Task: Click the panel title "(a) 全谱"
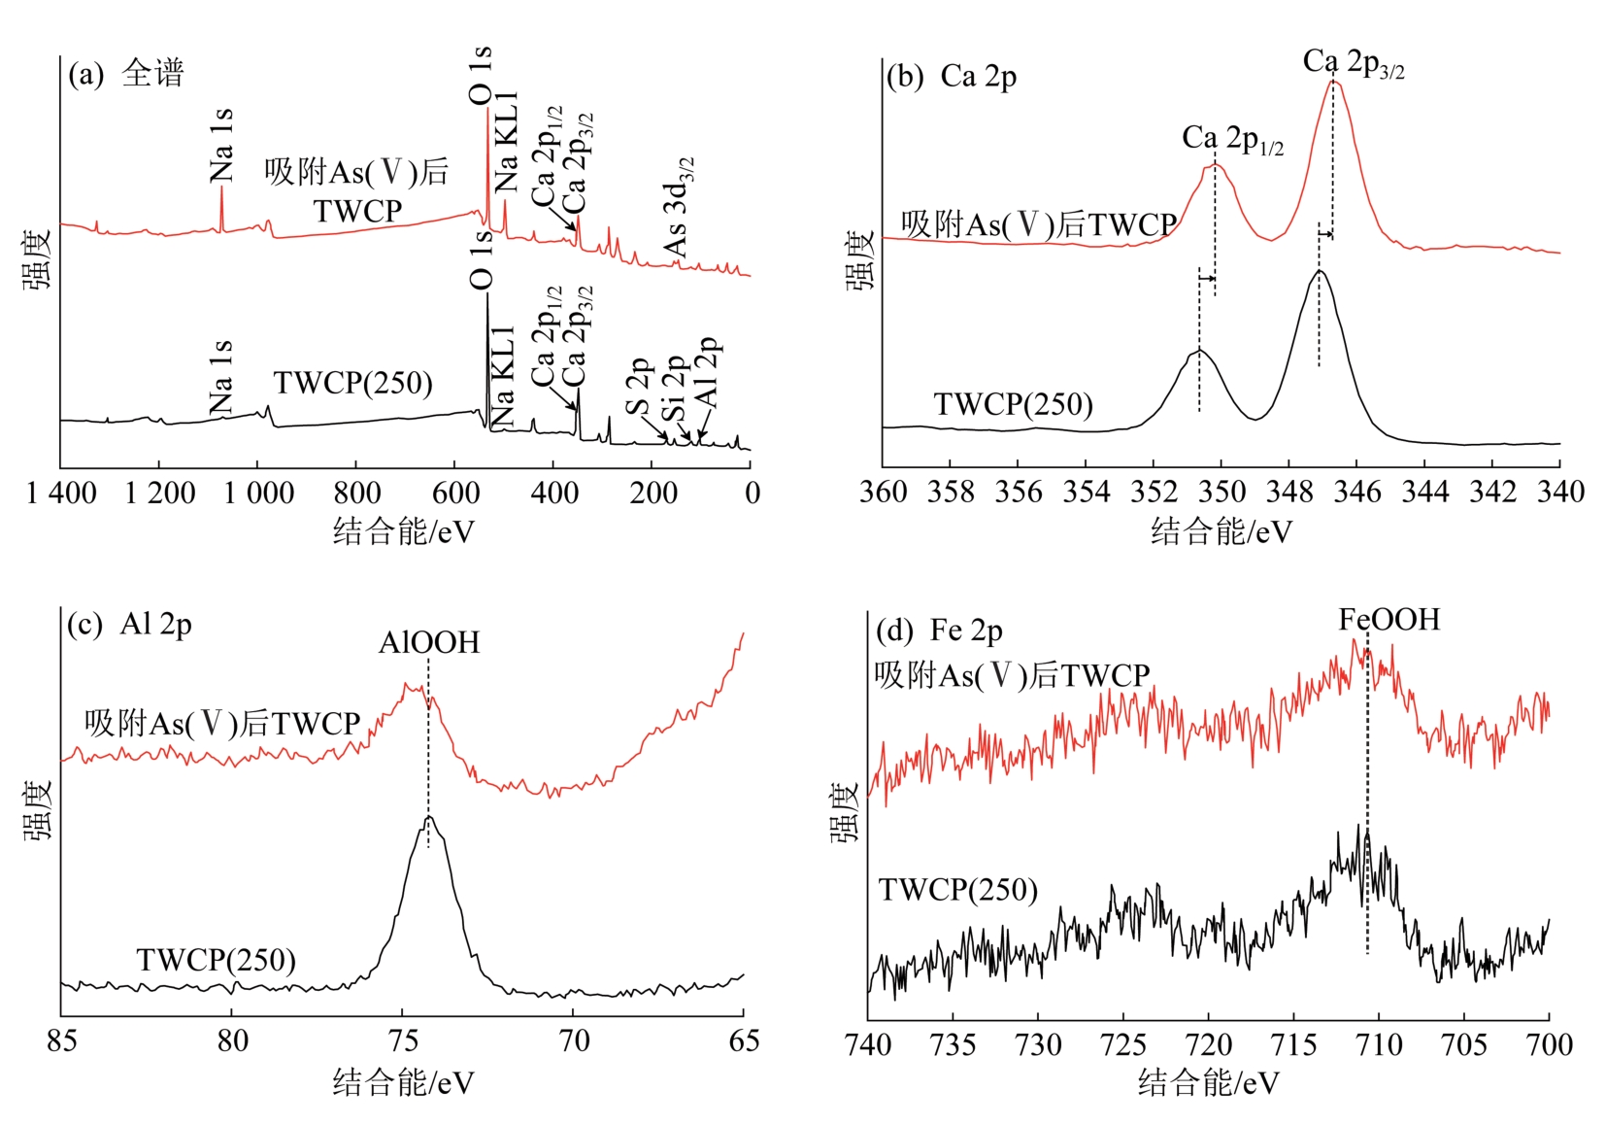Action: pos(125,75)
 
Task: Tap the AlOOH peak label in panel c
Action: pos(429,643)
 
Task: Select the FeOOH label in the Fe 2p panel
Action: pos(1389,620)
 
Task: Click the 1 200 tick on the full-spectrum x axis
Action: pos(160,494)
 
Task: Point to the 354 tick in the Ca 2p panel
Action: pos(1086,492)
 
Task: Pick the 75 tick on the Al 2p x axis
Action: pos(403,1041)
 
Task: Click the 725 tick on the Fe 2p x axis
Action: pos(1123,1045)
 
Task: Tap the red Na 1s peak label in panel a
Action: pos(222,146)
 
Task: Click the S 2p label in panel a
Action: pos(637,385)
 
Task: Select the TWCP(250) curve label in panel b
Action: pos(1013,404)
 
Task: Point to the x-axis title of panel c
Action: pos(403,1082)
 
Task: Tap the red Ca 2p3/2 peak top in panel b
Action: pos(1334,83)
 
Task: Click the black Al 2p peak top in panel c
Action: pos(429,818)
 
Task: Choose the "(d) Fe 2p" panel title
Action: pos(939,631)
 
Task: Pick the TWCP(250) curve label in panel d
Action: pos(957,890)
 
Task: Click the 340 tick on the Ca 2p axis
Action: pos(1559,492)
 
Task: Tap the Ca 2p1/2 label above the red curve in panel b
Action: pos(1232,140)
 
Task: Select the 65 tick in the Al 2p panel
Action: pos(744,1041)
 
